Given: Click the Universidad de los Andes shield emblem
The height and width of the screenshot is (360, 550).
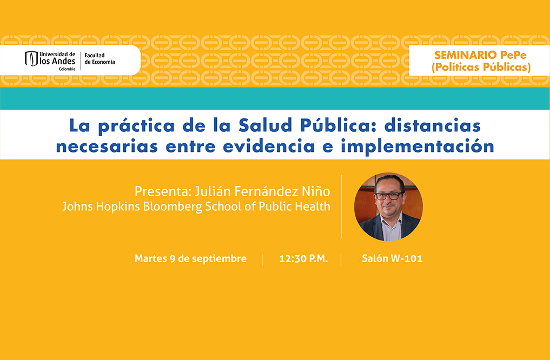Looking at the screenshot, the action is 31,58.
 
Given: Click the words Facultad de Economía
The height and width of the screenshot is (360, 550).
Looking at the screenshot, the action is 100,58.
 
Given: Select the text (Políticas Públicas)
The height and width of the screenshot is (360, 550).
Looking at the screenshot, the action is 481,67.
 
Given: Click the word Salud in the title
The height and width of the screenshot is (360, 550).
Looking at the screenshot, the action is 260,125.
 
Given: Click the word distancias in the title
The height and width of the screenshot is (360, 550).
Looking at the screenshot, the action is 432,125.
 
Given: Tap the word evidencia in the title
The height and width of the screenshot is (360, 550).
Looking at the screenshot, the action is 269,146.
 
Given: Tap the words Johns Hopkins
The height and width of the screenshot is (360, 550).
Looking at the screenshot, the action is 101,206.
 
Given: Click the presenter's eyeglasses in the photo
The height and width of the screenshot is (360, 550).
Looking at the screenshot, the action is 389,196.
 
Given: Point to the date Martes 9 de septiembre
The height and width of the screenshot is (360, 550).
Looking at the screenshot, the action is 190,259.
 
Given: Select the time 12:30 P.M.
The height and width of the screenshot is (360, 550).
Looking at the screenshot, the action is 303,259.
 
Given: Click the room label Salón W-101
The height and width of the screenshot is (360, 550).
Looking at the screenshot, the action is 392,259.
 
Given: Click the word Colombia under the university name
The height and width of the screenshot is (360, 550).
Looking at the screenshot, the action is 67,69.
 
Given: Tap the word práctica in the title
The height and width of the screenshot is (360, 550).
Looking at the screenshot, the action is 136,126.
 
